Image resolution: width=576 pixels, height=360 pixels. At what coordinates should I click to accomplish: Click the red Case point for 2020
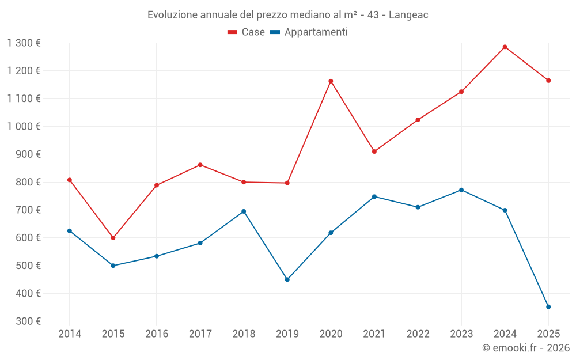tap(331, 81)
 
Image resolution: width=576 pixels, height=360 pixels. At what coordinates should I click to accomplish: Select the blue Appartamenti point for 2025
tap(548, 307)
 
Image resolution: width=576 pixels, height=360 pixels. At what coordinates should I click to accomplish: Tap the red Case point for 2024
tap(505, 47)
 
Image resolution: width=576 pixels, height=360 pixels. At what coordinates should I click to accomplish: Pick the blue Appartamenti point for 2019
tap(287, 279)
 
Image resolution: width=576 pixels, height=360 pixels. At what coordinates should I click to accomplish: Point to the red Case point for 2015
tap(113, 238)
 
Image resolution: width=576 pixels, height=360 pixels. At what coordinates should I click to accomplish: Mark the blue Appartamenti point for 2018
tap(244, 211)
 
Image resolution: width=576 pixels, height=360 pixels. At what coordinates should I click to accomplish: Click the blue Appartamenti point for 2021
tap(374, 196)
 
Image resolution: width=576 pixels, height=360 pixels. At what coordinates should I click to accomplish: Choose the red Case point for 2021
tap(374, 151)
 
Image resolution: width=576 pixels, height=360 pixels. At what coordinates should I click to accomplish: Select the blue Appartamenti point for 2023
tap(461, 190)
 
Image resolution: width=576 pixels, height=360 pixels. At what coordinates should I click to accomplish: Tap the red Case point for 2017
tap(200, 165)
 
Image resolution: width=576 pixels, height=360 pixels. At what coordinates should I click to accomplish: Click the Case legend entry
tap(247, 32)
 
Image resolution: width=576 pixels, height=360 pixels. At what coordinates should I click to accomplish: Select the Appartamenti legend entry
tap(309, 32)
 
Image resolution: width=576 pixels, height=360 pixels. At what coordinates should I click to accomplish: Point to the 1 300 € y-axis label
tap(24, 43)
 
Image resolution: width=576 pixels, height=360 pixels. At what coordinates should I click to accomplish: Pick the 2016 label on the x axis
tap(157, 334)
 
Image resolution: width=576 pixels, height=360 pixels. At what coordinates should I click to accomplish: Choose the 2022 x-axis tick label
tap(418, 334)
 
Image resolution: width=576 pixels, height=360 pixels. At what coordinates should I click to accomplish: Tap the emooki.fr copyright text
tap(526, 348)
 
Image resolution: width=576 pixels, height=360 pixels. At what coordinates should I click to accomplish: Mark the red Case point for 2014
tap(70, 180)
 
